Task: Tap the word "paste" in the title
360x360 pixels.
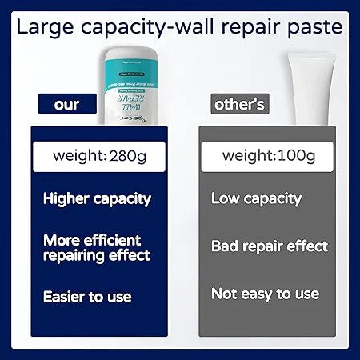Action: point(314,27)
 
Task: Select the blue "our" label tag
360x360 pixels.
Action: point(67,105)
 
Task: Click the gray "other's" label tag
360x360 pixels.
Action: point(241,105)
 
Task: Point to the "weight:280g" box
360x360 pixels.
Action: point(97,153)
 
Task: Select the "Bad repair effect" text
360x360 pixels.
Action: point(270,246)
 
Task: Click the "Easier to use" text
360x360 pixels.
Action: point(87,297)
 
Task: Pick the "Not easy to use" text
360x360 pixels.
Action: point(265,294)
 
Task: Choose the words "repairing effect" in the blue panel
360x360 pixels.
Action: point(97,256)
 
